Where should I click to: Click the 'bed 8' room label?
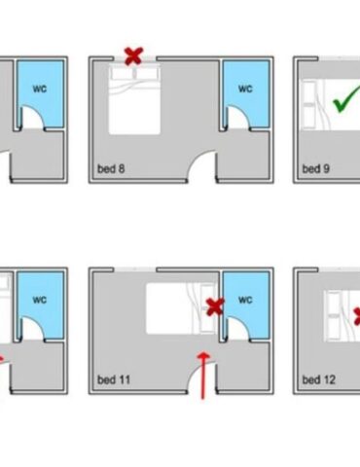coord(111,169)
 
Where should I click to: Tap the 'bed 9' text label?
coord(316,169)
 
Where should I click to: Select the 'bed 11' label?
coord(114,379)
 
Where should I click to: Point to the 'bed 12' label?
coord(319,379)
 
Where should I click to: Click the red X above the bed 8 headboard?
coord(133,56)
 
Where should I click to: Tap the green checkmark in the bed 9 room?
coord(346,99)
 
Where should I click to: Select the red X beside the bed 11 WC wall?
coord(215,306)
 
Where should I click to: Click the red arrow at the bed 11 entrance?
coord(203,376)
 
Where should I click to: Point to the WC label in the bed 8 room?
coord(245,89)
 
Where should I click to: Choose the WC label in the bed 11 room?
coord(245,300)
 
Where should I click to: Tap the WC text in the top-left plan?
coord(40,89)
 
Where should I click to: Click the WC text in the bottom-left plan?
coord(40,300)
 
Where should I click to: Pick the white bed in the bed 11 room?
coord(182,308)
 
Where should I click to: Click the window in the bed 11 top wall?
coord(135,269)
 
